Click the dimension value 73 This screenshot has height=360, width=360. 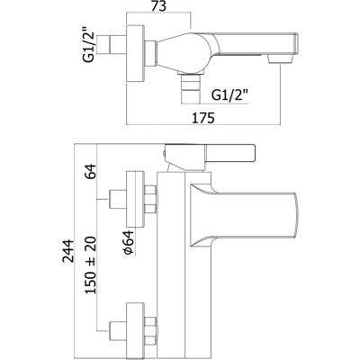(x=158, y=7)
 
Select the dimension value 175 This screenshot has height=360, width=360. (x=203, y=118)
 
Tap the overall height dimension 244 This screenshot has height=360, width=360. (x=68, y=251)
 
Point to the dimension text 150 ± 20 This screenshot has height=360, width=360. (x=91, y=265)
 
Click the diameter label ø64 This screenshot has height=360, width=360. (x=129, y=243)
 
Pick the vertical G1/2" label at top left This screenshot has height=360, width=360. (x=89, y=45)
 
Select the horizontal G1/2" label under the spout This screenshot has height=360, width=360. (x=229, y=95)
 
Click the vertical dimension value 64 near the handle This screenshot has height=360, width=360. (x=91, y=172)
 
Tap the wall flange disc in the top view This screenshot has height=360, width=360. (x=136, y=54)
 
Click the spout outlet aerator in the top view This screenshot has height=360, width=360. (x=279, y=58)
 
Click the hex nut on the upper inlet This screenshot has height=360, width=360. (x=150, y=199)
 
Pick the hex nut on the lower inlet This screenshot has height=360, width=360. (x=150, y=330)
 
